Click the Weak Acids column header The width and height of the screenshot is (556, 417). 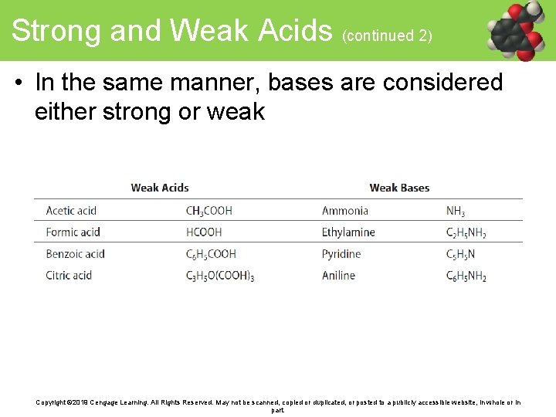pos(160,188)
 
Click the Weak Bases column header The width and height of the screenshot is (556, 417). pos(399,188)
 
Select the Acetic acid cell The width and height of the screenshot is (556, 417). pos(71,211)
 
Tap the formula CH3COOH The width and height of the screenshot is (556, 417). pos(208,211)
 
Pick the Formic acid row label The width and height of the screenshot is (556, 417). pos(73,232)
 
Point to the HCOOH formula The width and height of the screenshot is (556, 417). pos(203,232)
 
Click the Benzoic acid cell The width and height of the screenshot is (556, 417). pos(75,254)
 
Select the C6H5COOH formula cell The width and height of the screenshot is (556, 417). pos(211,254)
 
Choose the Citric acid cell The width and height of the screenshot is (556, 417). pos(69,276)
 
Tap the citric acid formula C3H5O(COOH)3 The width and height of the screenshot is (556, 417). pos(220,276)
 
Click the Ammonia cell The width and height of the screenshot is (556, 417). pos(344,211)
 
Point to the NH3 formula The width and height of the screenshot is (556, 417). pos(456,211)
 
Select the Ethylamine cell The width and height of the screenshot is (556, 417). pos(348,232)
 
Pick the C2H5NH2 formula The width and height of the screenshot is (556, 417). pos(466,232)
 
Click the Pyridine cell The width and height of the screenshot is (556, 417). pos(341,254)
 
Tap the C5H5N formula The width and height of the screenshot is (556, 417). pos(460,254)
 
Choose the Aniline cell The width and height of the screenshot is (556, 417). pos(338,276)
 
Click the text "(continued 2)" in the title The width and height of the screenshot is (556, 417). pos(386,36)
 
